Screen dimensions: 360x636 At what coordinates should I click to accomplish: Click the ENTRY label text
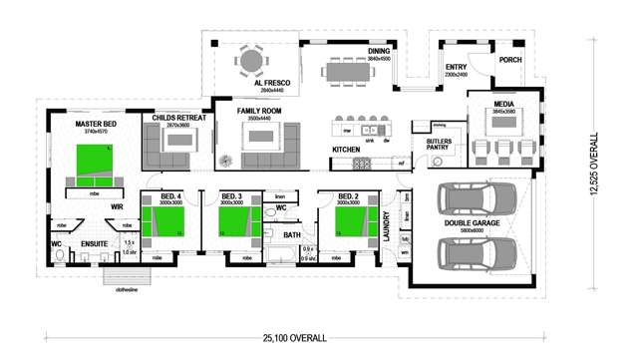coord(455,67)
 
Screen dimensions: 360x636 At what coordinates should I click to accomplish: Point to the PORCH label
coord(509,59)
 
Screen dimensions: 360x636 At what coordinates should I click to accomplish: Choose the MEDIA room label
coord(503,103)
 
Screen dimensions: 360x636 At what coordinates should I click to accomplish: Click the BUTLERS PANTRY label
coord(439,146)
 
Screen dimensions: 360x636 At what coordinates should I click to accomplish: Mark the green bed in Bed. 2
coord(349,220)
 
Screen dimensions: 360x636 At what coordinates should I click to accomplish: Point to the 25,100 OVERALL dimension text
coord(294,338)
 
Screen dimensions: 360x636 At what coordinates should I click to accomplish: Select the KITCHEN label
coord(346,150)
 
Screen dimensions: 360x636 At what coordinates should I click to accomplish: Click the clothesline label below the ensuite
coord(126,290)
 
